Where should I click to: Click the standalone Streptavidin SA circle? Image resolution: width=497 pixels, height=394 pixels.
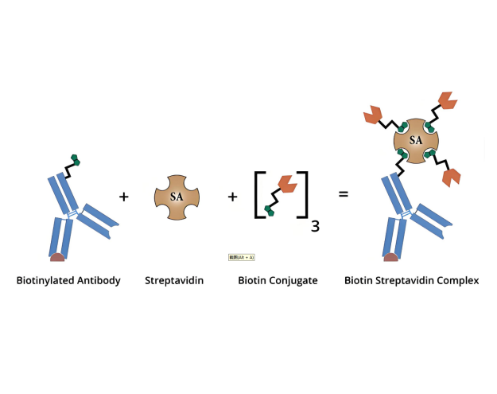click(177, 197)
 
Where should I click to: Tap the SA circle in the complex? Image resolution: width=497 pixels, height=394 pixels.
click(416, 141)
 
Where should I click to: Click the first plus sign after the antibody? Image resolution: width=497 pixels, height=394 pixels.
click(123, 196)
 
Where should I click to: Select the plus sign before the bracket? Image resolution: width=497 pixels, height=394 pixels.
click(232, 196)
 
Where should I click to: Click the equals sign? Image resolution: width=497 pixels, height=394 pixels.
click(344, 193)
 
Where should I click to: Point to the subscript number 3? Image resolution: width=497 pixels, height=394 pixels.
click(315, 226)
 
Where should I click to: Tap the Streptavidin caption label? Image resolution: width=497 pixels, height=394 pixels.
click(174, 280)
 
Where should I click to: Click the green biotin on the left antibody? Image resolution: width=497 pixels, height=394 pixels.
click(76, 160)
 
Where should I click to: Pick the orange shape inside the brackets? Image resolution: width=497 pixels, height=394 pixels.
click(287, 185)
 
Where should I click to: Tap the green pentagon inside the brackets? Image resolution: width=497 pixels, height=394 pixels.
click(270, 212)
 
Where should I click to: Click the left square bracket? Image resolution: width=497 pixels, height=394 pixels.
click(258, 195)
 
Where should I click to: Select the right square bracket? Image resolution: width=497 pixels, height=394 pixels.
click(304, 195)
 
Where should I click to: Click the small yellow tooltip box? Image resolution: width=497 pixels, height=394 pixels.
click(241, 257)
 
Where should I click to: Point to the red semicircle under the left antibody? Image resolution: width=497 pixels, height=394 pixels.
click(57, 256)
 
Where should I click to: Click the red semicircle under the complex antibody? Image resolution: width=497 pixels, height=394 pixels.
click(390, 256)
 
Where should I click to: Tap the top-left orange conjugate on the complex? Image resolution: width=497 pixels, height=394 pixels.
click(372, 116)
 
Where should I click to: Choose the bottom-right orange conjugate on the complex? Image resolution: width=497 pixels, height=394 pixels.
click(452, 177)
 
